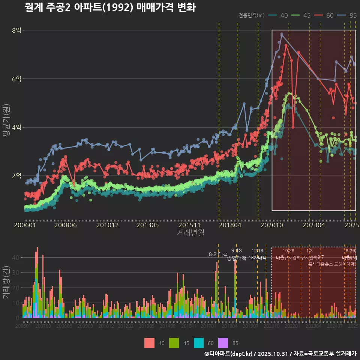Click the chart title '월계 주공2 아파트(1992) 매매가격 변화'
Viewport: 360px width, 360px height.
[x=110, y=7]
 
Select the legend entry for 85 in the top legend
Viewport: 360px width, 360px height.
[x=347, y=15]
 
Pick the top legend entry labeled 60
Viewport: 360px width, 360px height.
[x=324, y=15]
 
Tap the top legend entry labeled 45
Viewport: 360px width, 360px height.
[x=301, y=15]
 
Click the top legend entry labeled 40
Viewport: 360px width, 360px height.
[x=279, y=15]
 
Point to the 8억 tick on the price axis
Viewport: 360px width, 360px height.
[x=16, y=30]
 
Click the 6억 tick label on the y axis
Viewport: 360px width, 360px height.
[x=16, y=79]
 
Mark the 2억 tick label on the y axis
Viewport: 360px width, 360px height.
[x=16, y=176]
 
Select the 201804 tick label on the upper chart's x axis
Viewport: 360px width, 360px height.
[x=229, y=225]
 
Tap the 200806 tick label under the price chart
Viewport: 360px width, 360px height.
[x=65, y=225]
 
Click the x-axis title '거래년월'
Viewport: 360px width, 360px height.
[x=190, y=233]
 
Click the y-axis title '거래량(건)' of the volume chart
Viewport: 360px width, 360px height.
[x=6, y=282]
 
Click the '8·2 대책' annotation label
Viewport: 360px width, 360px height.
[x=218, y=254]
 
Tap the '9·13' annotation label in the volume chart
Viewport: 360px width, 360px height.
[x=236, y=250]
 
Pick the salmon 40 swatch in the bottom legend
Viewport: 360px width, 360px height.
[x=149, y=343]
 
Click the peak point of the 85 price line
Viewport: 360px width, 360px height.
[x=282, y=34]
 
